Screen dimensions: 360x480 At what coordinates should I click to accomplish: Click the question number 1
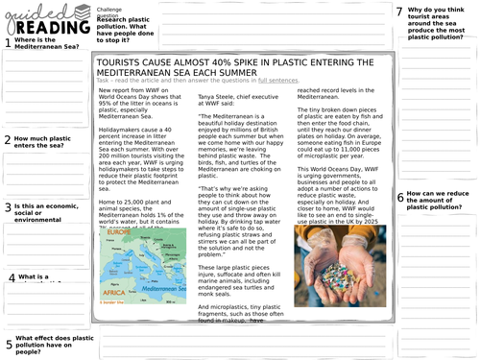point(9,43)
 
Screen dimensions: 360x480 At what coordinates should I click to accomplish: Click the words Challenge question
point(109,11)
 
